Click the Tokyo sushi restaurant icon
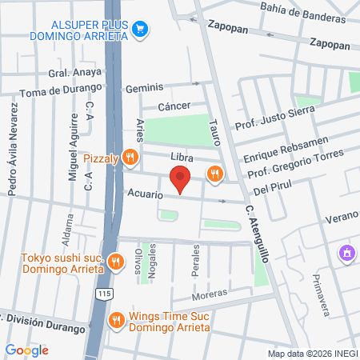(x=116, y=261)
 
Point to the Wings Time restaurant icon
(x=117, y=319)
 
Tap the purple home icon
(x=346, y=254)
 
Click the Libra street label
(x=182, y=156)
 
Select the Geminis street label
(x=148, y=86)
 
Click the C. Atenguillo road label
(x=260, y=232)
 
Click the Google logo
(x=26, y=350)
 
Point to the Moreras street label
(x=209, y=294)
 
